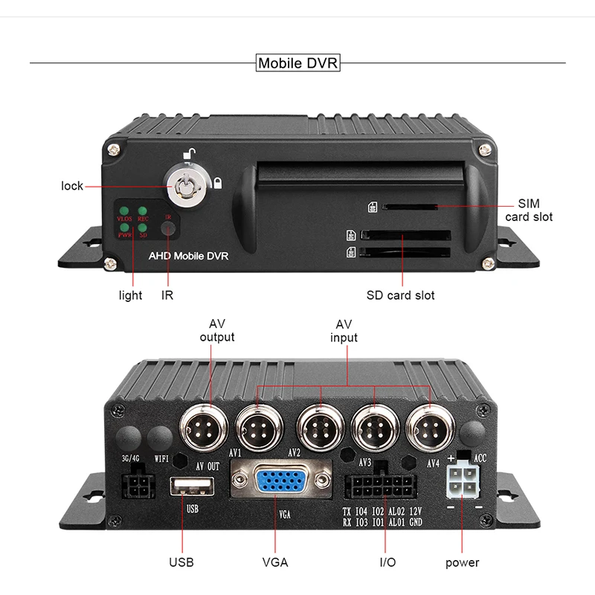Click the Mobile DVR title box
pyautogui.click(x=297, y=62)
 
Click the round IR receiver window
pyautogui.click(x=170, y=228)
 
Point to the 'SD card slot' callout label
pyautogui.click(x=400, y=295)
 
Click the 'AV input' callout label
pyautogui.click(x=343, y=330)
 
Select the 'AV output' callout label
pyautogui.click(x=216, y=330)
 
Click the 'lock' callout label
pyautogui.click(x=72, y=185)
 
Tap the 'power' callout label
pyautogui.click(x=462, y=562)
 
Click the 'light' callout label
pyautogui.click(x=130, y=295)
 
